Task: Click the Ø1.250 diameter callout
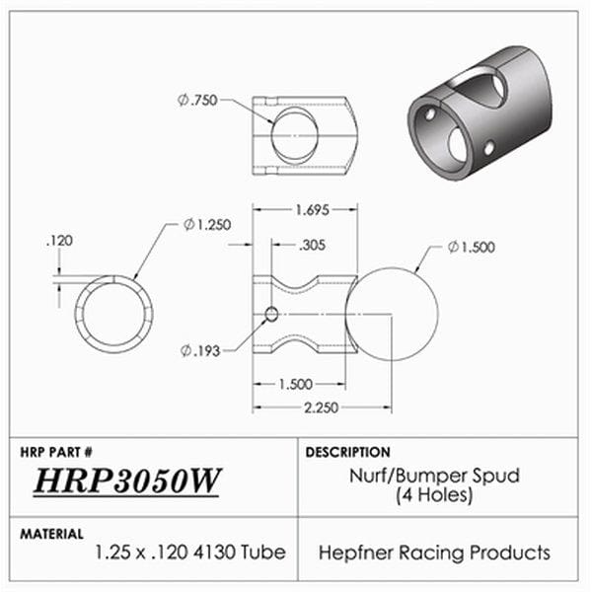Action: click(x=207, y=225)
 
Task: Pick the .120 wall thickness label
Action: click(x=60, y=240)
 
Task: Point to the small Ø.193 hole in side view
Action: click(x=269, y=315)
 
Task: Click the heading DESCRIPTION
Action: click(x=347, y=452)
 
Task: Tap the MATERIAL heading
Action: click(x=51, y=534)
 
